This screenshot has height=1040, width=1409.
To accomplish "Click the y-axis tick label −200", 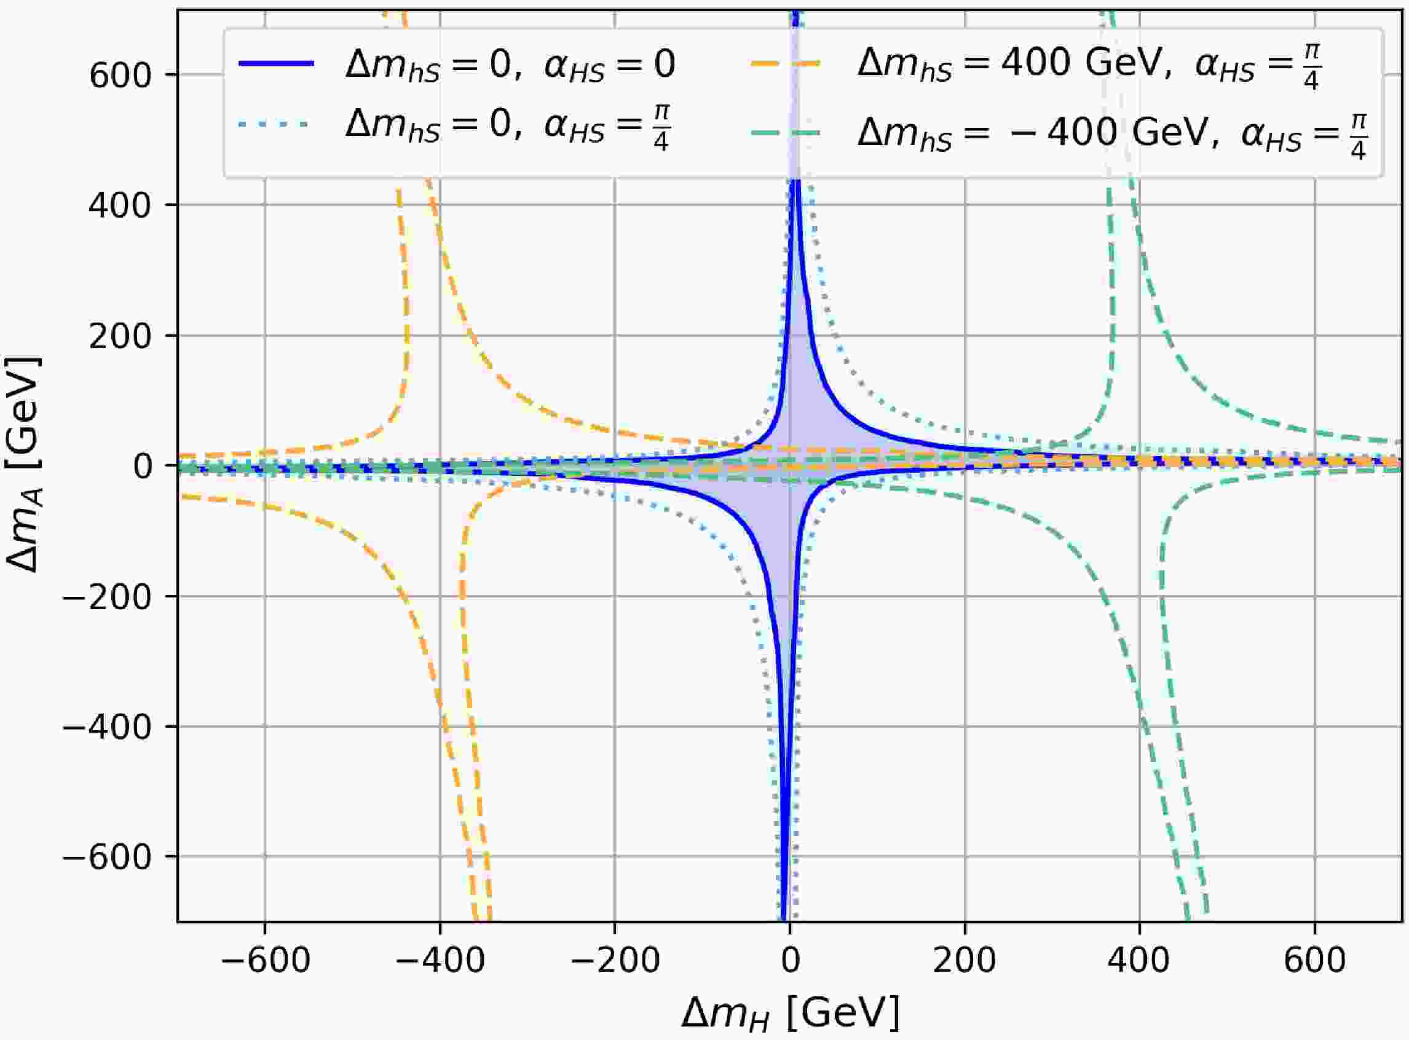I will [108, 596].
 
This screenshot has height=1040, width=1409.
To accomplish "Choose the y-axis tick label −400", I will [108, 727].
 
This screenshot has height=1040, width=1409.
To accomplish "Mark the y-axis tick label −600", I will [108, 857].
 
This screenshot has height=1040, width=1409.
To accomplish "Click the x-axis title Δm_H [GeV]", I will [791, 1013].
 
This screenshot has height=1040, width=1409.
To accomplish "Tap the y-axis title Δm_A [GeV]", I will [24, 465].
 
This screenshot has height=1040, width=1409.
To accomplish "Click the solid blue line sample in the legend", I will [276, 63].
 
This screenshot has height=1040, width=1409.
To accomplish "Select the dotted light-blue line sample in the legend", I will [276, 125].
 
